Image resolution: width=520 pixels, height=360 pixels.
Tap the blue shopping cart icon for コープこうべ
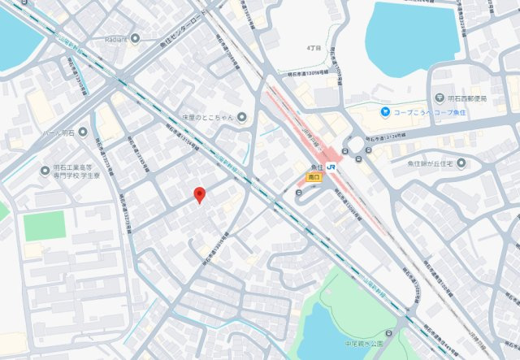click(x=387, y=111)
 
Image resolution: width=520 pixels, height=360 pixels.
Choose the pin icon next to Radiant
click(x=135, y=38)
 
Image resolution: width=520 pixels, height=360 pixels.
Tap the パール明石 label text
click(x=60, y=132)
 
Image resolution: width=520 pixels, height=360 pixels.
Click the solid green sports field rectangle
click(x=44, y=225)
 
